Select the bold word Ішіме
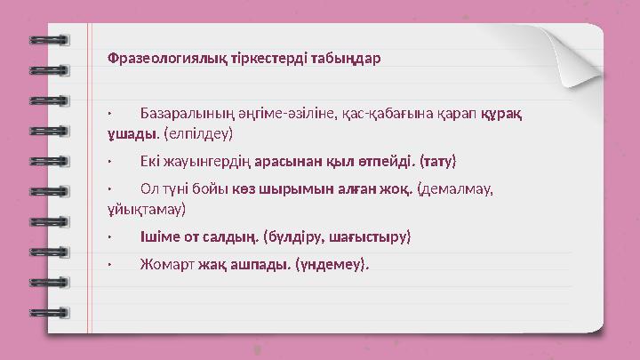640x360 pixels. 159,237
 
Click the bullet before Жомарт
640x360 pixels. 108,264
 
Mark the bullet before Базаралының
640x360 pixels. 108,115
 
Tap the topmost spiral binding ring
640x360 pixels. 49,40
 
